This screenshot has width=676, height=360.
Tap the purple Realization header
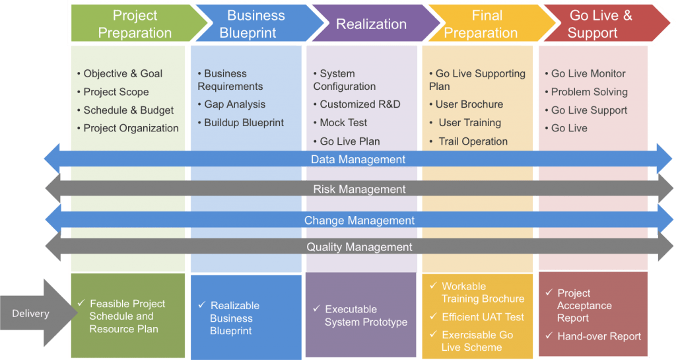371,24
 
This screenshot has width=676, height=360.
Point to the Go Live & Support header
599,24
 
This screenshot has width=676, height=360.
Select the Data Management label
358,159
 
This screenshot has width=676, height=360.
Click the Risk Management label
359,190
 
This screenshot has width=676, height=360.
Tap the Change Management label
359,221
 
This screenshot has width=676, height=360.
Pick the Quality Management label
359,247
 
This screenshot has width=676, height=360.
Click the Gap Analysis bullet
234,104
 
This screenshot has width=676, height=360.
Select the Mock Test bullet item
343,123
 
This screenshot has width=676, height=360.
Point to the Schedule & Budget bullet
128,110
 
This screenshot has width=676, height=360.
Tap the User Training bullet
469,123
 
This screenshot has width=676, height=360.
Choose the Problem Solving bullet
589,92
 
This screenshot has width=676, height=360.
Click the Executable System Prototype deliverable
365,316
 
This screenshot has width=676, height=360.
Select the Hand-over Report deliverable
599,336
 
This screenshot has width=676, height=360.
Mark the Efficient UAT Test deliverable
483,317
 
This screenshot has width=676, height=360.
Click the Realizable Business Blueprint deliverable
234,318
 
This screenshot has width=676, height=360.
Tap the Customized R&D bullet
360,104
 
